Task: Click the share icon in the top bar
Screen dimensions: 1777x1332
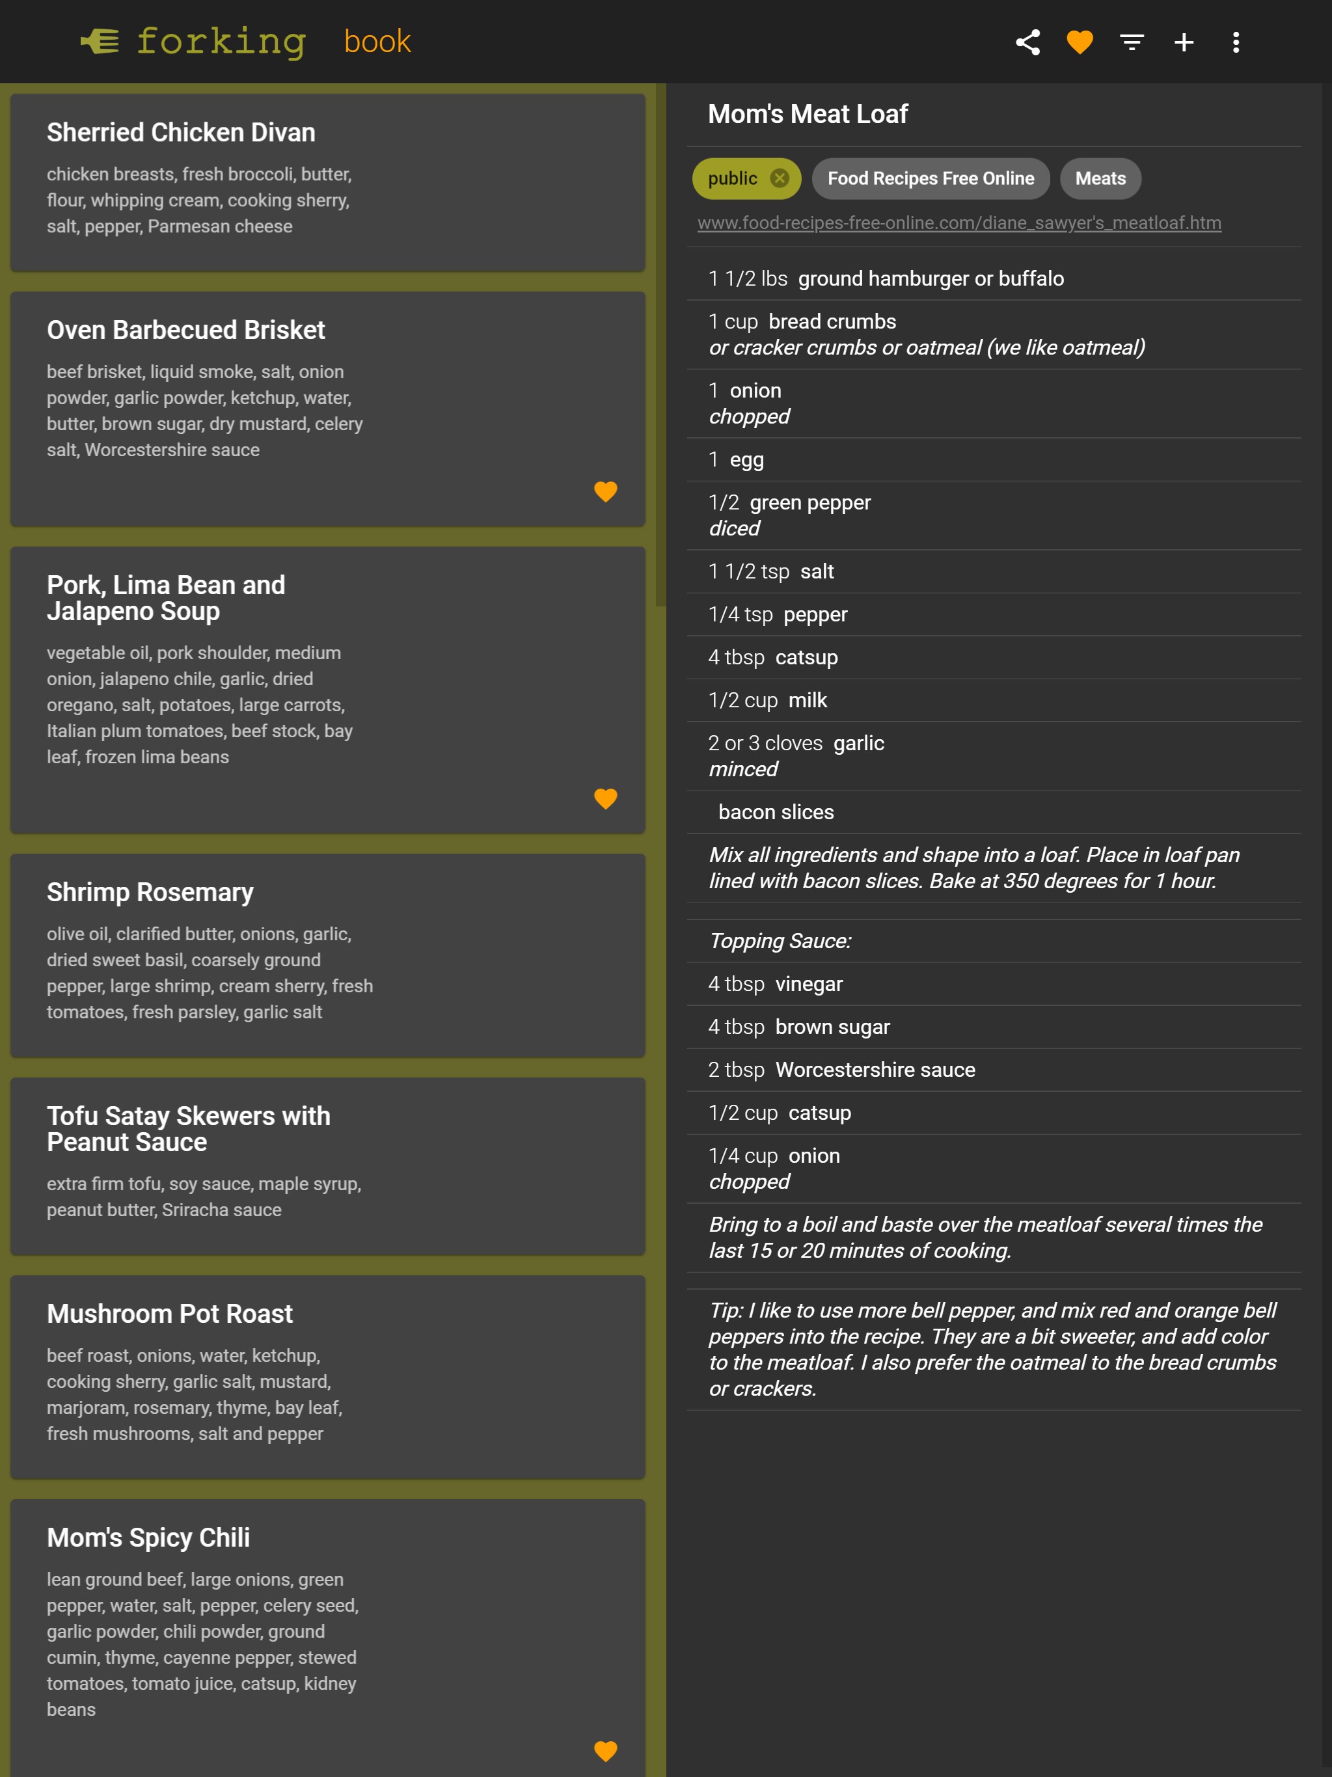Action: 1027,42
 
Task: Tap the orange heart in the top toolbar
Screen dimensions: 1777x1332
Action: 1080,42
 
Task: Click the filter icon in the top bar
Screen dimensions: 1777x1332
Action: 1132,42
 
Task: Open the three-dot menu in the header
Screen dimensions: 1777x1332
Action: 1236,42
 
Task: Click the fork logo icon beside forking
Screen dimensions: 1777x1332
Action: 100,41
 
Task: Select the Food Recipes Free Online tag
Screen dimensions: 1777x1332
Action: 931,178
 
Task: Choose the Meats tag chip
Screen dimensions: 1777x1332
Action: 1100,178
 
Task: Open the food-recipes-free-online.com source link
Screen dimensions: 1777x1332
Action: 958,223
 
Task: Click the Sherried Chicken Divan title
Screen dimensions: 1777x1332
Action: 181,133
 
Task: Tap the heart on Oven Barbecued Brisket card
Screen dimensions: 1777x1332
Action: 605,491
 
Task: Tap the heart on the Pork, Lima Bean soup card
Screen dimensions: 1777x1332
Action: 605,798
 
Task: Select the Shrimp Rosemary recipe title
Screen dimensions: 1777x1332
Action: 150,893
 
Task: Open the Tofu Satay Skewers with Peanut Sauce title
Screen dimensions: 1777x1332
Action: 188,1129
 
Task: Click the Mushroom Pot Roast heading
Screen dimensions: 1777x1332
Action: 170,1314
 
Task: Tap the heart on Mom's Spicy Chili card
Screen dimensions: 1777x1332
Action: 605,1750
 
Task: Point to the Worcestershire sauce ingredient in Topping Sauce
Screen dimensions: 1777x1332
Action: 875,1070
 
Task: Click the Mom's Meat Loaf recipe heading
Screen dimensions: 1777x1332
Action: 808,114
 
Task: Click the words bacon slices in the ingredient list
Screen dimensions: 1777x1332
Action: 776,812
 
